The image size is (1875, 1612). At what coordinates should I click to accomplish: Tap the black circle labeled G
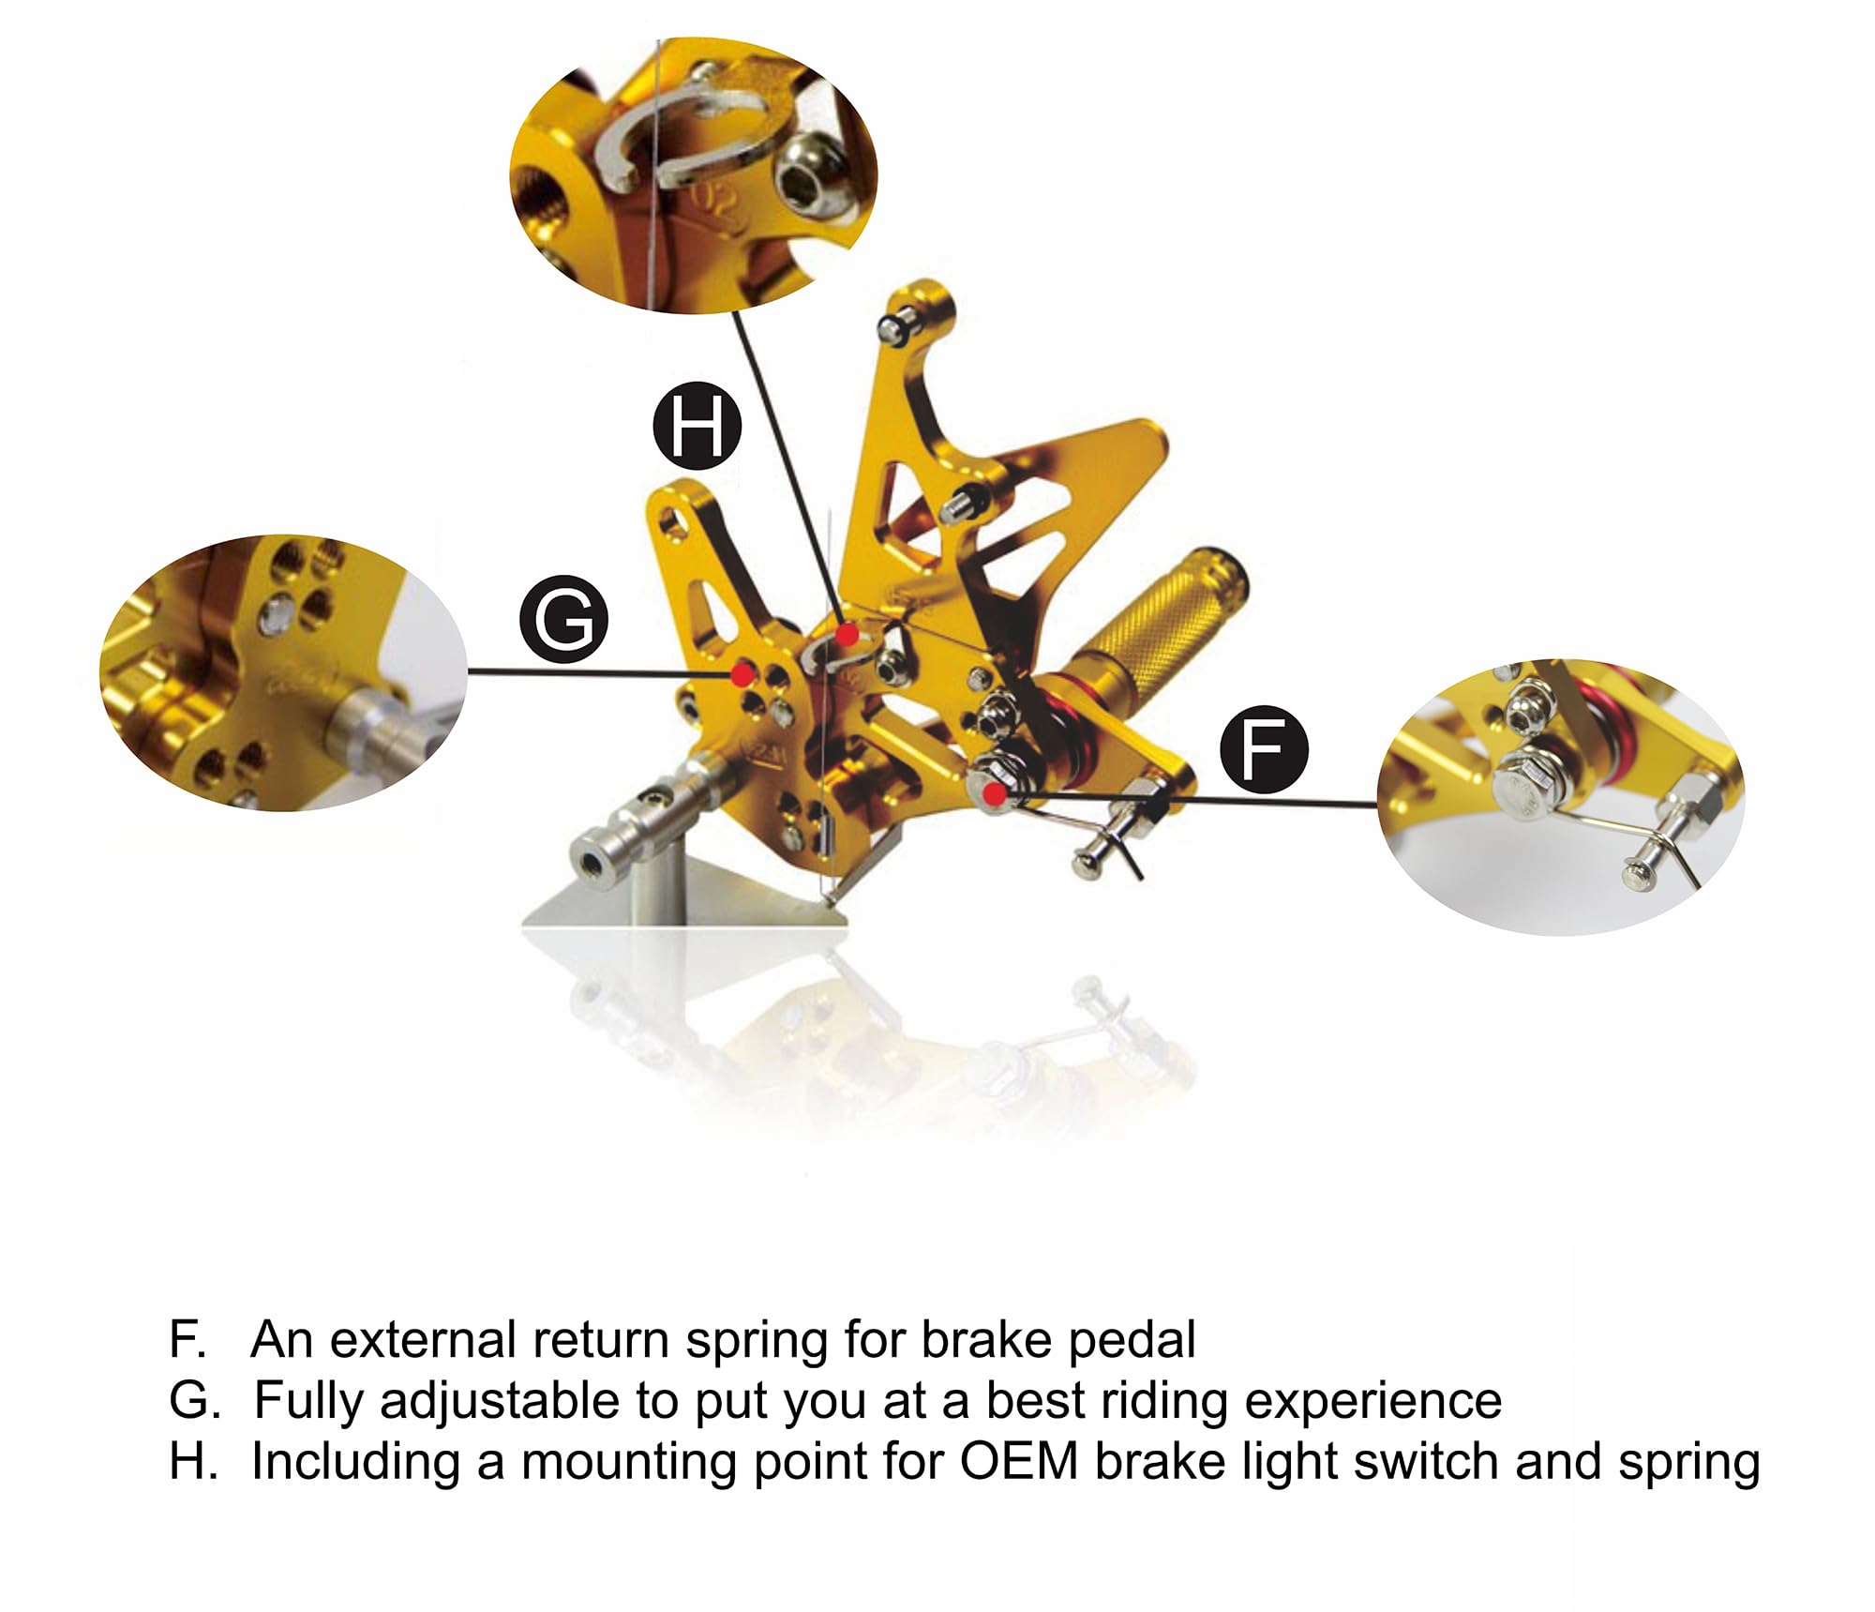point(563,620)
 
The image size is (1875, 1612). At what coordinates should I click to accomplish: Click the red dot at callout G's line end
point(743,673)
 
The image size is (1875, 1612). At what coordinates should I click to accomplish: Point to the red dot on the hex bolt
point(995,795)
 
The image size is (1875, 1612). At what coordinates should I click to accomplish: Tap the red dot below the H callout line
point(847,636)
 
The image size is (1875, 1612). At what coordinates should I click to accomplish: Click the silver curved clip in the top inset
point(694,131)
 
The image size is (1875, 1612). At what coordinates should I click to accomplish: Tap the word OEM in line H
point(1018,1462)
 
